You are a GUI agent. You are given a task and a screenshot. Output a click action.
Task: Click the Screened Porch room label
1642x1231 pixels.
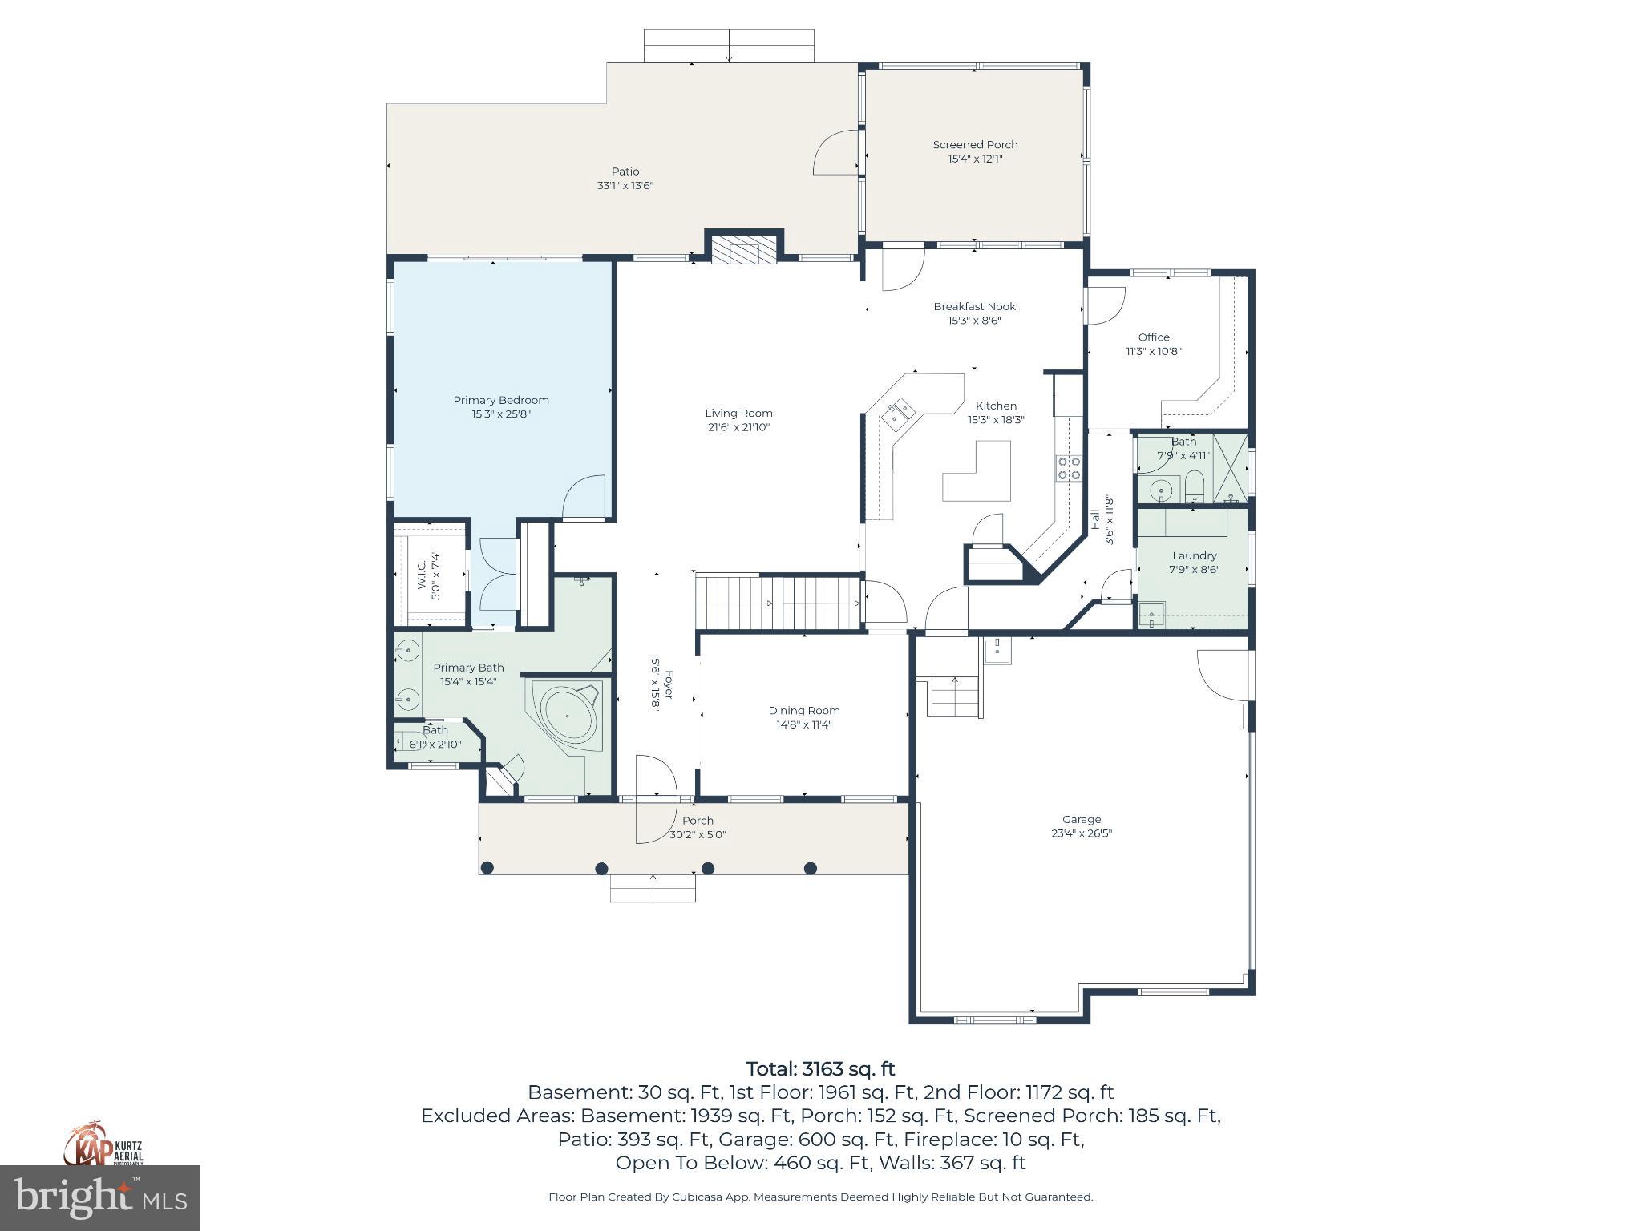[x=975, y=145]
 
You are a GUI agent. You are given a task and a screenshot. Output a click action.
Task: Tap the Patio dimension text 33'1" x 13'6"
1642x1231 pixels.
[x=625, y=186]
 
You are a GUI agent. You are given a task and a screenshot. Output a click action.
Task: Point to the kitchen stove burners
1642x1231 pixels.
[x=1068, y=468]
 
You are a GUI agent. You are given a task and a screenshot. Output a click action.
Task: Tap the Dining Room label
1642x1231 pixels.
[x=803, y=711]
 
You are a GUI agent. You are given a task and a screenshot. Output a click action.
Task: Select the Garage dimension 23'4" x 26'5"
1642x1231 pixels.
[x=1082, y=833]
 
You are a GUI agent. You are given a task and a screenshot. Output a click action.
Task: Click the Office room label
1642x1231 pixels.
[x=1154, y=337]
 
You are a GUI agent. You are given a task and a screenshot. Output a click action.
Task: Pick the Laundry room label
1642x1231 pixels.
[x=1194, y=556]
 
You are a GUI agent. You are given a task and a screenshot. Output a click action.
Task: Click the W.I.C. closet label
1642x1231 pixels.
[x=423, y=571]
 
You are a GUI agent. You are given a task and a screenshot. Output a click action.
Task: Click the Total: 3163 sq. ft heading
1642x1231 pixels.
[x=820, y=1069]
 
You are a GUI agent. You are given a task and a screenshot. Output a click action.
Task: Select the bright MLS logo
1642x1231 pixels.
[x=100, y=1197]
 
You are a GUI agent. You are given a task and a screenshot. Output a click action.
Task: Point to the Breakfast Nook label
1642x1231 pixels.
[x=974, y=307]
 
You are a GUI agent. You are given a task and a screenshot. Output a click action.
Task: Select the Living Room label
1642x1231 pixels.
[x=738, y=414]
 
